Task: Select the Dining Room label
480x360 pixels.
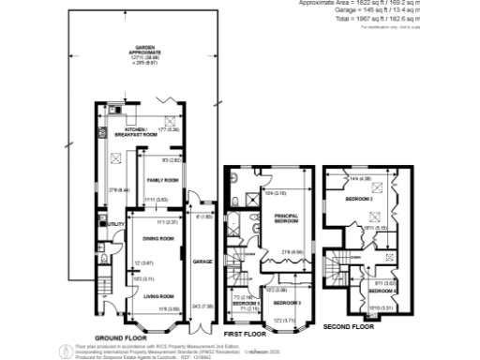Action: (x=160, y=239)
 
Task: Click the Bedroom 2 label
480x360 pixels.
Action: (x=359, y=199)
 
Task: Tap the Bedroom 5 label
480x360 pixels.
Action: (x=245, y=304)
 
